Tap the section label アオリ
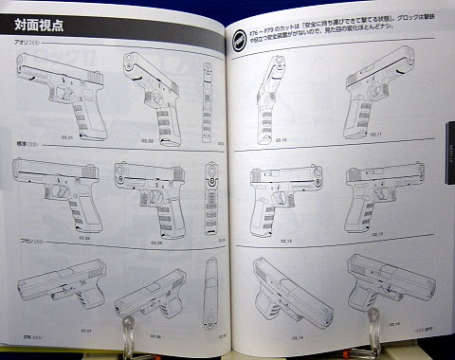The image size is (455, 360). click(22, 44)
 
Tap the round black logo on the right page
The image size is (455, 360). click(242, 39)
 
